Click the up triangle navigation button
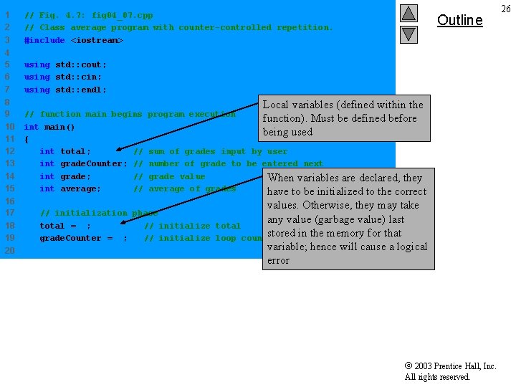point(408,13)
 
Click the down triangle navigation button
point(408,34)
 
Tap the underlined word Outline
point(459,20)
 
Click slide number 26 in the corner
point(505,9)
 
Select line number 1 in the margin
point(6,15)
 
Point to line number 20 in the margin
point(9,250)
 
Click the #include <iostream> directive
point(74,40)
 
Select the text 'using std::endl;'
point(65,90)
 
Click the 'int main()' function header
point(49,127)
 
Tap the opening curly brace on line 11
point(27,139)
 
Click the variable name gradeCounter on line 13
point(94,164)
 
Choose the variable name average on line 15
point(81,188)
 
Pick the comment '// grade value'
point(169,176)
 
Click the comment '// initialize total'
point(192,226)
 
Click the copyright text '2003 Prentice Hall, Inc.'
point(455,366)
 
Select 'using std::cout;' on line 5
point(65,64)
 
